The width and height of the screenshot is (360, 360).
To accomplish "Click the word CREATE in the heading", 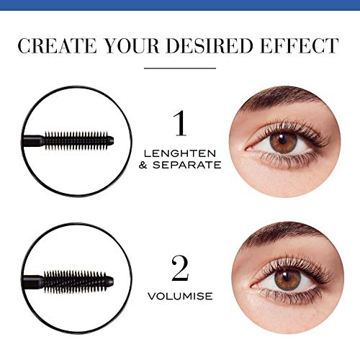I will [55, 46].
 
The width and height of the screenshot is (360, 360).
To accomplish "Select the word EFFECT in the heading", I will [303, 46].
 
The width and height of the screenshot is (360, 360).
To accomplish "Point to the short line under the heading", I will [180, 68].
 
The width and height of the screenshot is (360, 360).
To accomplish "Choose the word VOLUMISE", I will [180, 294].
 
